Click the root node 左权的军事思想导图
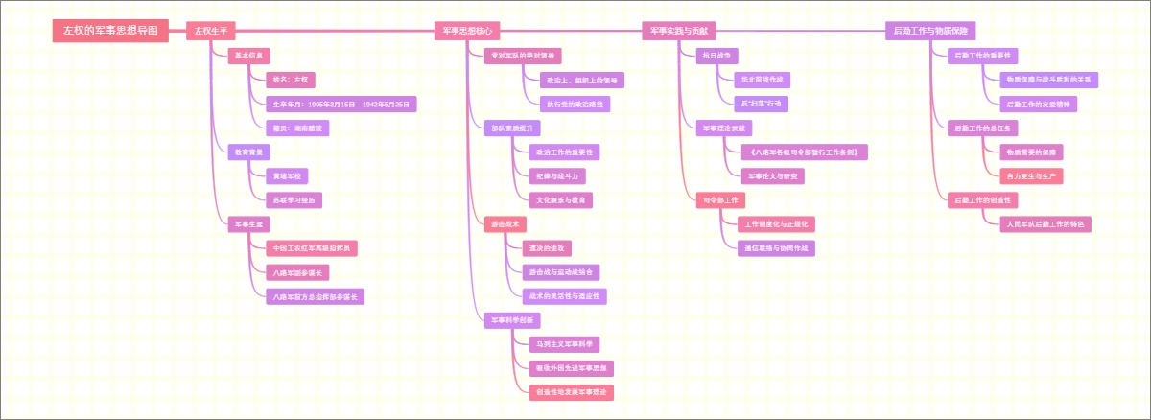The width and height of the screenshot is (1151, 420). tap(110, 31)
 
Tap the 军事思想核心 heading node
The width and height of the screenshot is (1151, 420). tap(467, 31)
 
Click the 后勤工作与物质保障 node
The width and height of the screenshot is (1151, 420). tap(930, 31)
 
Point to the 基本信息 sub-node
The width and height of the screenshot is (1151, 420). tap(248, 56)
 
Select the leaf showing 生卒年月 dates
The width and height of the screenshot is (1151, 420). tap(341, 104)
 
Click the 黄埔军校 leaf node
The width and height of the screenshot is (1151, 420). tap(287, 176)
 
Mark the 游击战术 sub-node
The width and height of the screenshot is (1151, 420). tap(505, 224)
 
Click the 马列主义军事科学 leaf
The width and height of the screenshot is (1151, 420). tap(565, 343)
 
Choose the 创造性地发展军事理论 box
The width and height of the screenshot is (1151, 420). tap(572, 391)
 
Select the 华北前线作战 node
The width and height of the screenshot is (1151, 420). tap(762, 80)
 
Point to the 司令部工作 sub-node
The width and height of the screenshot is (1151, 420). tap(719, 200)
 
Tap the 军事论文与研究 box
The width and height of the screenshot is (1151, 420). tap(772, 176)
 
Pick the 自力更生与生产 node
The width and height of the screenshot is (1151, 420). tap(1031, 176)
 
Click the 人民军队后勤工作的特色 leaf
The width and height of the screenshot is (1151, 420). tap(1045, 224)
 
